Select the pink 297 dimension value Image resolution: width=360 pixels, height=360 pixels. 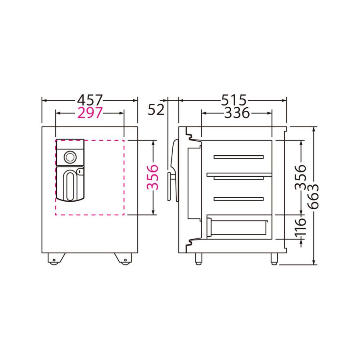coord(90,113)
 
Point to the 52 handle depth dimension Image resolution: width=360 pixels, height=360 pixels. coord(156,109)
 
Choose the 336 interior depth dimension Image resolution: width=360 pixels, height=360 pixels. coord(237,113)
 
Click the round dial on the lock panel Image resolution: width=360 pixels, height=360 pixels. coord(70,156)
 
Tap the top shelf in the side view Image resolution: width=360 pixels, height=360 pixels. coord(238,157)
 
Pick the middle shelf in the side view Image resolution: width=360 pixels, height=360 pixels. coord(238,174)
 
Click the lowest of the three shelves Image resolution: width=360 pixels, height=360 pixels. coord(238,198)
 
